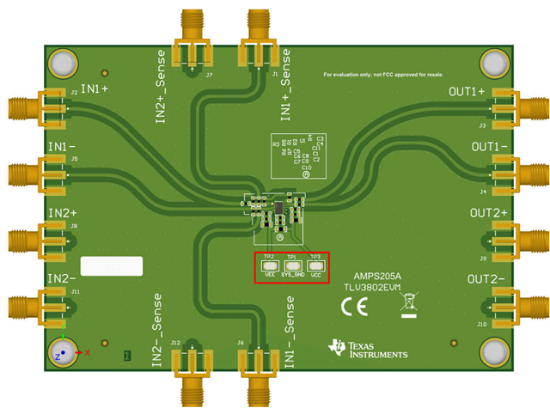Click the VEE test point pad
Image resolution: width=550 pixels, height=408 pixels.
click(x=269, y=266)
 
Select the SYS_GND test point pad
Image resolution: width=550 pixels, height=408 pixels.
click(x=292, y=266)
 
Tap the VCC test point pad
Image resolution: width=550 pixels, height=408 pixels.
click(x=315, y=266)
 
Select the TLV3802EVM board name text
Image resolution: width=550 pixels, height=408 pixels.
click(x=376, y=289)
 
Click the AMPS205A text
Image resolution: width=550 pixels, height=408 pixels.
click(x=376, y=276)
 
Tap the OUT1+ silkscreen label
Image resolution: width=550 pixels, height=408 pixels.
click(x=467, y=91)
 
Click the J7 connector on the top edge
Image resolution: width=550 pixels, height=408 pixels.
click(x=194, y=41)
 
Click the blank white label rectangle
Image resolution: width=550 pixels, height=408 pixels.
click(x=112, y=266)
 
